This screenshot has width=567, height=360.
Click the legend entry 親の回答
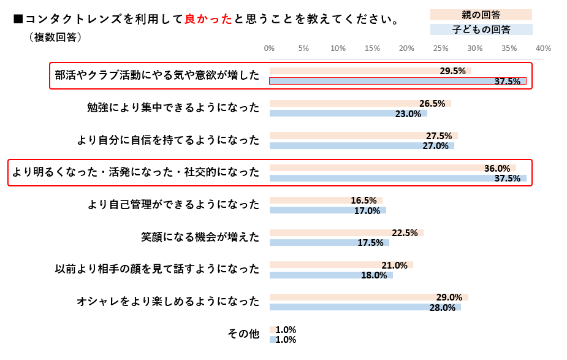[481, 15]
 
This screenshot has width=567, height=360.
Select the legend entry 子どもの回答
[481, 29]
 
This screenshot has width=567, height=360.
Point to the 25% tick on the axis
[441, 48]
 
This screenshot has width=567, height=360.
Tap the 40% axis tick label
[543, 48]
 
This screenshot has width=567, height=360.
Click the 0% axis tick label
[269, 48]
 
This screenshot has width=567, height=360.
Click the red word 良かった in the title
[208, 19]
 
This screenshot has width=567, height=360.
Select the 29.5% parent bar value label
[452, 71]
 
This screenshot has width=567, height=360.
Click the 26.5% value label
[432, 104]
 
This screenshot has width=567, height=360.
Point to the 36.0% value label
[497, 169]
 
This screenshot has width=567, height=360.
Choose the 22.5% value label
[405, 233]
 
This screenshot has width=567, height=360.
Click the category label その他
[243, 334]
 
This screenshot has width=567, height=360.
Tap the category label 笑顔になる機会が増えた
[200, 237]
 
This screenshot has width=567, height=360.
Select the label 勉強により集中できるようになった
[173, 108]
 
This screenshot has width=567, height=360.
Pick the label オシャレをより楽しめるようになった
[168, 302]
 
